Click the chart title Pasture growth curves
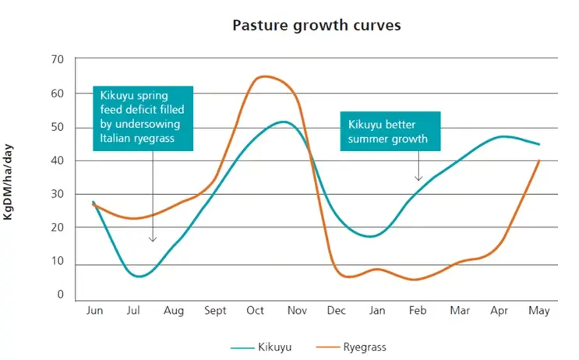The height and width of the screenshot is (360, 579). click(x=316, y=25)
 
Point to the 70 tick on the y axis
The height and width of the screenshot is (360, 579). click(x=57, y=59)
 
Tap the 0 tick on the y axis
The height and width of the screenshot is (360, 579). click(x=60, y=295)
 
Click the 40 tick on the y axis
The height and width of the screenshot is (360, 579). click(x=57, y=161)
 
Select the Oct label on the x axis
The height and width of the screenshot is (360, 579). click(x=256, y=311)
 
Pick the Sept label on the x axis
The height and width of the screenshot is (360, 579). click(x=215, y=311)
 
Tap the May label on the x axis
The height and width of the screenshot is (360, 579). click(x=538, y=311)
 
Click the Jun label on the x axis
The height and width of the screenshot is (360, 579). click(x=94, y=311)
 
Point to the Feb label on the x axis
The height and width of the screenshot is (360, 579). click(x=418, y=311)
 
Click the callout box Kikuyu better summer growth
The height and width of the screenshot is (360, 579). click(x=391, y=131)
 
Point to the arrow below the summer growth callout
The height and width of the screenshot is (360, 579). click(x=419, y=166)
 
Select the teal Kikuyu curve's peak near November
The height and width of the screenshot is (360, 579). click(x=282, y=122)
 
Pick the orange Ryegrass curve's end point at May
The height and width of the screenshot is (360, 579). click(x=538, y=161)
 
